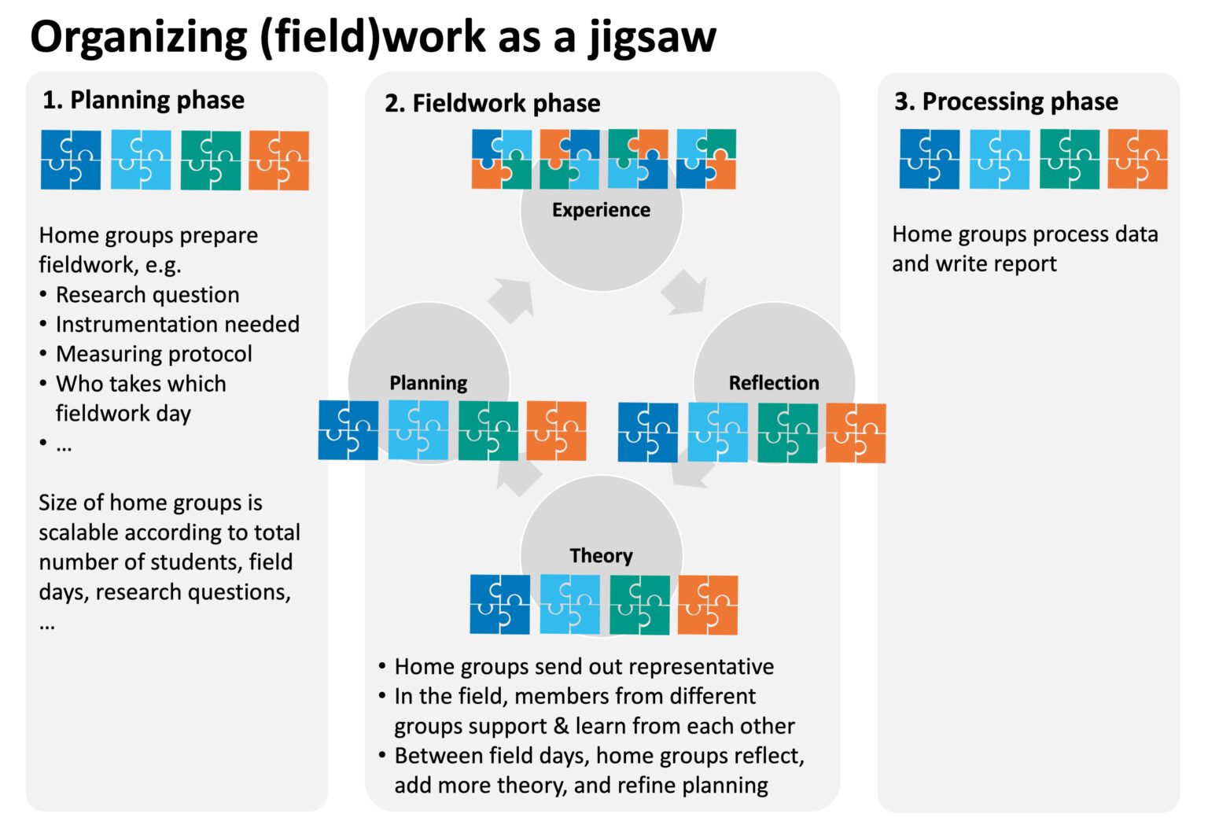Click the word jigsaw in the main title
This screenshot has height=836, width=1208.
click(x=652, y=37)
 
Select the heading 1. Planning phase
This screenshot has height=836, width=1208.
click(x=143, y=100)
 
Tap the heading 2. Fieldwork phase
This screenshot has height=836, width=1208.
click(x=492, y=103)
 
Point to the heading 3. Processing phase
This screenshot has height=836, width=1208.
click(x=1006, y=101)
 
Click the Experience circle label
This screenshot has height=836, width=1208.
click(x=601, y=210)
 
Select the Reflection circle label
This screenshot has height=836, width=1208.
click(x=773, y=383)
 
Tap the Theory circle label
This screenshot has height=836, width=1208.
click(x=601, y=556)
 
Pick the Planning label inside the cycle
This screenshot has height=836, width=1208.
click(x=428, y=383)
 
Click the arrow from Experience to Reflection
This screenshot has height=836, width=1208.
click(x=683, y=293)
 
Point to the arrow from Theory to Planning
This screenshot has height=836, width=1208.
click(x=519, y=473)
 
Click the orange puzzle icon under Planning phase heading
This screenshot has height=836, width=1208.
click(x=278, y=161)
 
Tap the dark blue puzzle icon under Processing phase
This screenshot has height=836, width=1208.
click(x=929, y=160)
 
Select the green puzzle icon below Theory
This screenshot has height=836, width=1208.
click(x=639, y=605)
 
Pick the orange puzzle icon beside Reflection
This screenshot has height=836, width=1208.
click(x=856, y=433)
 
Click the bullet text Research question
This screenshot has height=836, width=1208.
click(x=147, y=295)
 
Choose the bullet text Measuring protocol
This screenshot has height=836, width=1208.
click(x=153, y=354)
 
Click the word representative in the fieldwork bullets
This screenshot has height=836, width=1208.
click(x=701, y=667)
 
